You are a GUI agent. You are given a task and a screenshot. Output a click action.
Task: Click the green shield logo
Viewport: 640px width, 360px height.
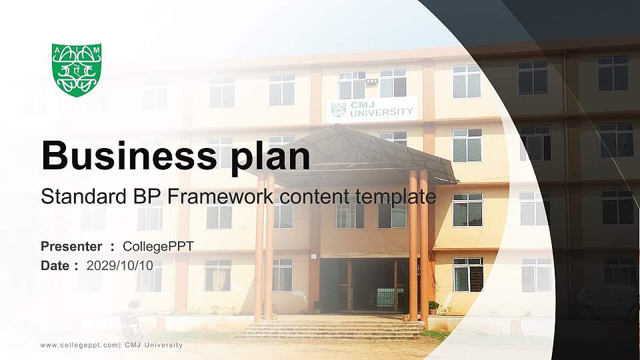click(77, 70)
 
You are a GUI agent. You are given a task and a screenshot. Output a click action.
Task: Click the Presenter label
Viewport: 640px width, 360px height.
click(71, 247)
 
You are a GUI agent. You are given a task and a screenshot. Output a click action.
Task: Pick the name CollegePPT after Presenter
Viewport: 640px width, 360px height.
click(158, 247)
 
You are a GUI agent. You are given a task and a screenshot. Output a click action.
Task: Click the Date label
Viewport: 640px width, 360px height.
click(55, 265)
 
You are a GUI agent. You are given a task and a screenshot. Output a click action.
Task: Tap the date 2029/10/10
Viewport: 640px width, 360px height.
click(120, 265)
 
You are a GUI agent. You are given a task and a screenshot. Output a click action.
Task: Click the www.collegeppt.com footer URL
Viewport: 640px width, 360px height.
click(79, 345)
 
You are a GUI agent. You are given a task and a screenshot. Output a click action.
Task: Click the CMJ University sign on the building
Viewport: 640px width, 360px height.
click(373, 109)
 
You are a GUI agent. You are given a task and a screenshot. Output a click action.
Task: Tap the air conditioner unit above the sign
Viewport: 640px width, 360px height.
click(372, 82)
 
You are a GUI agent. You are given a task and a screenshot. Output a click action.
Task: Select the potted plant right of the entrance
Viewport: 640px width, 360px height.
click(433, 307)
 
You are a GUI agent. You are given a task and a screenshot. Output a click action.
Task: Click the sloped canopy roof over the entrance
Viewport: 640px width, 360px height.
click(353, 153)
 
